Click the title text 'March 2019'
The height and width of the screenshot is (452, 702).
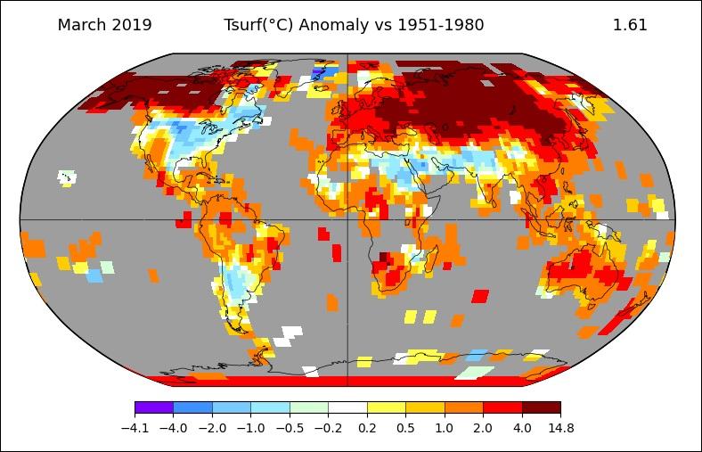point(104,25)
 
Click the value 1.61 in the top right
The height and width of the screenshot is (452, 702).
point(630,25)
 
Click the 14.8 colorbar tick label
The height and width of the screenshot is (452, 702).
point(560,428)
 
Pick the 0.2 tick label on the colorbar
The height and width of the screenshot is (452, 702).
point(367,428)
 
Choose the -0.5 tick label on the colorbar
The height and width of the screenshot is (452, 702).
point(290,428)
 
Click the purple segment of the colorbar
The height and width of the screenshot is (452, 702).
point(153,407)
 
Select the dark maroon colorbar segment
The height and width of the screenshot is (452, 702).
point(541,407)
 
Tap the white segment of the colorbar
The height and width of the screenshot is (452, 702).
point(347,407)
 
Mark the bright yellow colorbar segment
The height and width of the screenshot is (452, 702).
point(386,407)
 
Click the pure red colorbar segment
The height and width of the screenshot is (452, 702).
point(502,407)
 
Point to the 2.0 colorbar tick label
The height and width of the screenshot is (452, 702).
point(483,428)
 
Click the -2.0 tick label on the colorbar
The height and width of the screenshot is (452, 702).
point(212,428)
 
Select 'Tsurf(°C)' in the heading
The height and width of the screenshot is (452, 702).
point(259,25)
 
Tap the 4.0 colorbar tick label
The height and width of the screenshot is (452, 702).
point(522,428)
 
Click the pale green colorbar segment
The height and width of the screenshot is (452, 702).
point(308,407)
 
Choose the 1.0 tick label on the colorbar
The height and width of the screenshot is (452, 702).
point(445,428)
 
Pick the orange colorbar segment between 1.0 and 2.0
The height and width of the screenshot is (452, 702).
point(463,407)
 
